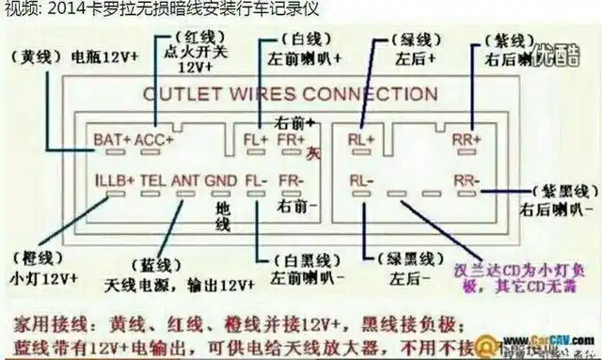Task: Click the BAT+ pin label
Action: (x=112, y=140)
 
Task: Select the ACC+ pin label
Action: (x=154, y=140)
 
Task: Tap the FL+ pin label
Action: (x=253, y=140)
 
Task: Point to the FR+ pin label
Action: (x=292, y=140)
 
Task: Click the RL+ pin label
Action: (x=363, y=140)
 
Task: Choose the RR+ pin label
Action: (x=467, y=140)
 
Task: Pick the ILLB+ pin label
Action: (x=115, y=179)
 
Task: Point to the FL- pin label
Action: (x=255, y=179)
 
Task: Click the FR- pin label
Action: (x=292, y=179)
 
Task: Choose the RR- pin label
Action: (x=467, y=179)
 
